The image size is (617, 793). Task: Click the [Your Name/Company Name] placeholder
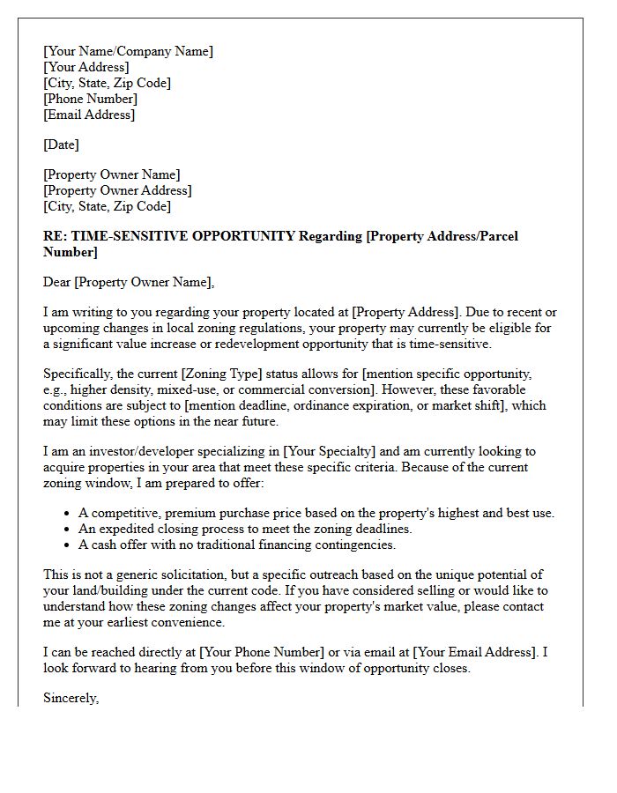(128, 51)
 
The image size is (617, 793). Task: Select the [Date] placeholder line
(61, 145)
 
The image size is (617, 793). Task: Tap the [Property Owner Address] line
(117, 190)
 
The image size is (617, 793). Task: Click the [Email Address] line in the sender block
(89, 115)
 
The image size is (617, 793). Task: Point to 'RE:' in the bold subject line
(55, 236)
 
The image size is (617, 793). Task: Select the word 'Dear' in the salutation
(57, 282)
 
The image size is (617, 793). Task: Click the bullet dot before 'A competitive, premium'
(69, 514)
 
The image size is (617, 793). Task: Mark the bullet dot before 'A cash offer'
(69, 545)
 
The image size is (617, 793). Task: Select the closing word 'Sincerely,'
(71, 698)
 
